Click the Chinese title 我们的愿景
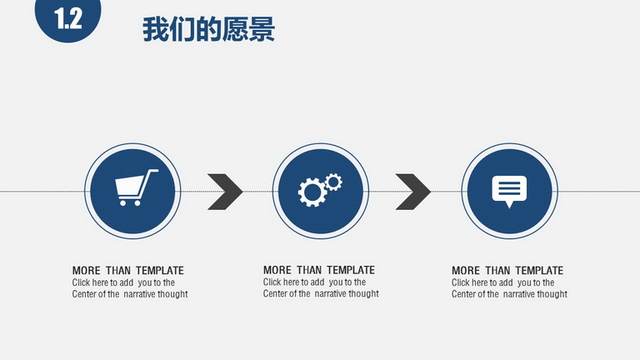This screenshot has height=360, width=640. click(208, 29)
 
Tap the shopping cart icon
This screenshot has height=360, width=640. click(136, 187)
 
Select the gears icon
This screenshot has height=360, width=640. click(320, 190)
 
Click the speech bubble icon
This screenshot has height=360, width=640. click(509, 192)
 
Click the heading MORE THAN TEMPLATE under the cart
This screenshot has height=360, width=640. click(127, 271)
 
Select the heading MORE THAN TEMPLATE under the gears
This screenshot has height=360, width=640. click(319, 270)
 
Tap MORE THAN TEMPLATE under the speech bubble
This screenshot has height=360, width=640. click(507, 271)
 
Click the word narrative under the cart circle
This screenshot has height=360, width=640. click(139, 294)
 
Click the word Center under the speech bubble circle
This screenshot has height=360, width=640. click(463, 294)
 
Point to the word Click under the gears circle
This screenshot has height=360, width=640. click(272, 282)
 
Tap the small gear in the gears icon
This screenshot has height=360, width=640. click(333, 182)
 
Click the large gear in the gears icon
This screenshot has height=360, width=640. click(312, 192)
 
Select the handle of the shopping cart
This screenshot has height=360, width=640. click(150, 177)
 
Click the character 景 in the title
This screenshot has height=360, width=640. click(262, 29)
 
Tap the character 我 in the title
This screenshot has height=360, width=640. click(156, 29)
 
